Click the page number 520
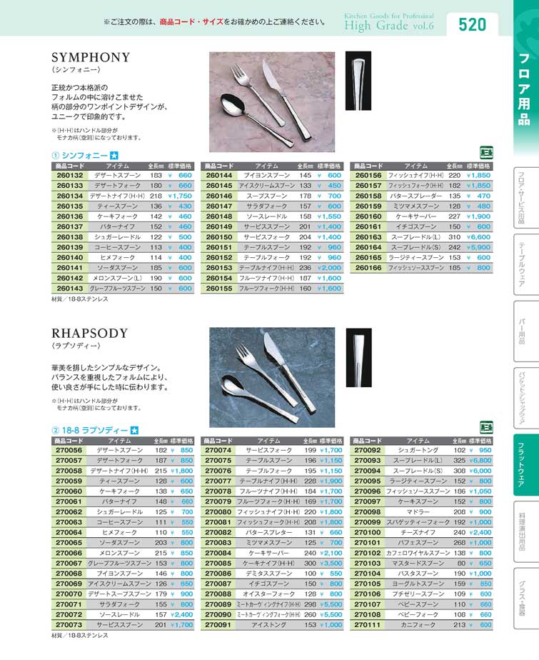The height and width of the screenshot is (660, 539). [x=472, y=25]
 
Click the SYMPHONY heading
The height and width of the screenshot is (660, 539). [x=91, y=57]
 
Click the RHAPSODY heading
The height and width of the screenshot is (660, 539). [x=90, y=333]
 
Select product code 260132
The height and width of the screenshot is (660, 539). [x=69, y=175]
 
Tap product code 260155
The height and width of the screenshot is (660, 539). [x=219, y=288]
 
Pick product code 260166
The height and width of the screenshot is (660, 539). [x=368, y=268]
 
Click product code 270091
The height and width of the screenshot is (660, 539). [x=218, y=624]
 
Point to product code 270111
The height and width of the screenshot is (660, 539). [x=368, y=624]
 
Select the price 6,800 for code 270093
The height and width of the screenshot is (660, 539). [x=480, y=461]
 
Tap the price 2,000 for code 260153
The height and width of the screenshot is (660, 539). [x=329, y=268]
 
